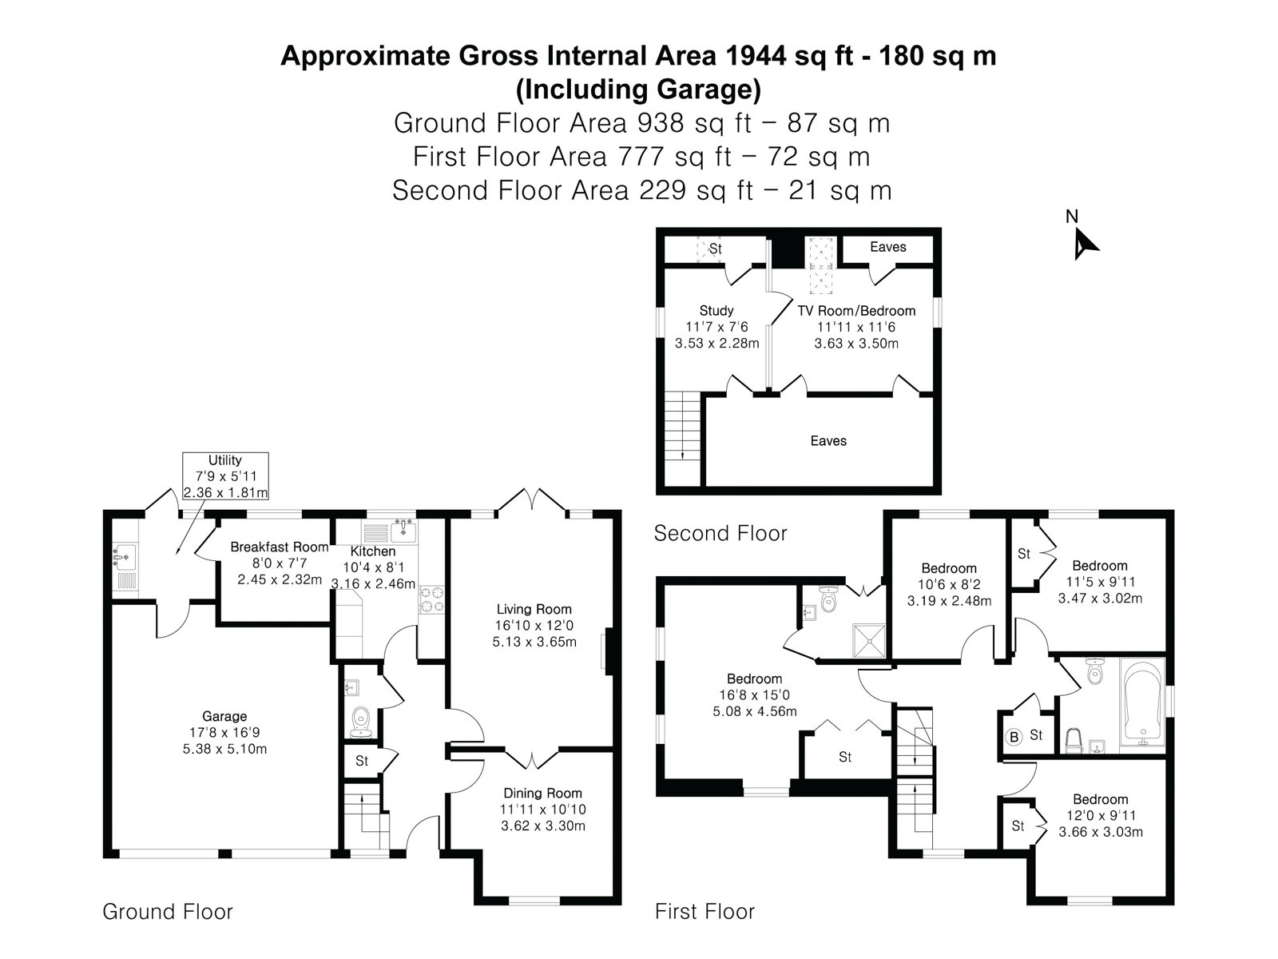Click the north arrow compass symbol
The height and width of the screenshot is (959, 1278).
[1083, 244]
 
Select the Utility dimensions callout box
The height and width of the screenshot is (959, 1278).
[225, 476]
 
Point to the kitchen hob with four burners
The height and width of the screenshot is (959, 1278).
[432, 599]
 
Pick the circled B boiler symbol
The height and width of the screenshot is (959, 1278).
[1014, 737]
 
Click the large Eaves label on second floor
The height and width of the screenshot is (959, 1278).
[828, 441]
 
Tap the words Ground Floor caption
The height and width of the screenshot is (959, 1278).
[168, 912]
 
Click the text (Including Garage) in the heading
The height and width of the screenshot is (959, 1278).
[638, 90]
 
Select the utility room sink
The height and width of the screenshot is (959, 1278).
[124, 556]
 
